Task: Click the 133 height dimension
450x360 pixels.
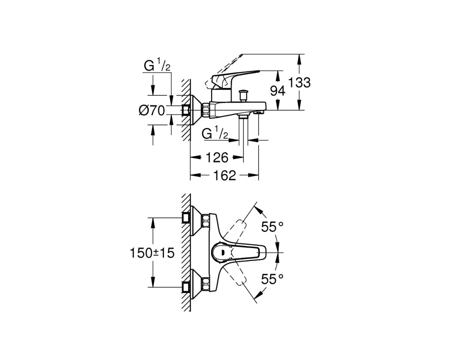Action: (299, 83)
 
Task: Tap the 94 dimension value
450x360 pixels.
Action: (278, 91)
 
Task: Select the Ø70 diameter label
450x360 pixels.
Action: (152, 110)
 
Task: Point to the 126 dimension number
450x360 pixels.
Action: (217, 157)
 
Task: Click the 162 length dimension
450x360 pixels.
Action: (225, 175)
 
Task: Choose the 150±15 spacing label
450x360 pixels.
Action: (152, 253)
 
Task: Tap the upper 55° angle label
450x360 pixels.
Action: (272, 227)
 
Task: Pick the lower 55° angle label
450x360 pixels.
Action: (272, 279)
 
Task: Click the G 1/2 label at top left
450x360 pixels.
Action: (157, 66)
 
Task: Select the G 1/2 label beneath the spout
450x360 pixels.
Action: (215, 134)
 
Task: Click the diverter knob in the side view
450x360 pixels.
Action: (243, 95)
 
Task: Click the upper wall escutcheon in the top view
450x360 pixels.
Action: (196, 221)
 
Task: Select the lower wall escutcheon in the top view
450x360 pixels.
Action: (196, 284)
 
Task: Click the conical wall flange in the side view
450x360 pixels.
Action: (196, 110)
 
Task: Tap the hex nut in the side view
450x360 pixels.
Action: (206, 110)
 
